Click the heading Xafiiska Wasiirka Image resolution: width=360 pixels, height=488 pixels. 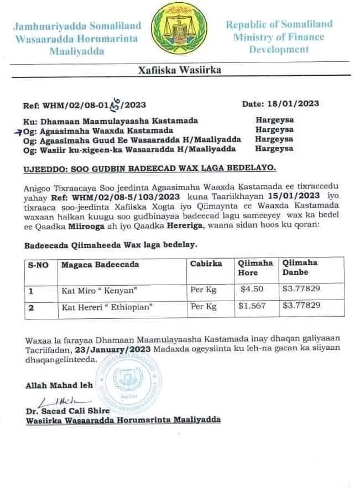180,70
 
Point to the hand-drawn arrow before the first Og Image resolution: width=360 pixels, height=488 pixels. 19,130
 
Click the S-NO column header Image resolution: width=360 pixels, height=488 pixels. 38,265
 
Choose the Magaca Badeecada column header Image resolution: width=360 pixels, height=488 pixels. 100,265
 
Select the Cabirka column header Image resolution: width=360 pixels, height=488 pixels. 206,264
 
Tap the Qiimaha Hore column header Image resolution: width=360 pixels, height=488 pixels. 255,268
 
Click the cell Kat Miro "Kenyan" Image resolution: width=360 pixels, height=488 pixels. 91,289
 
